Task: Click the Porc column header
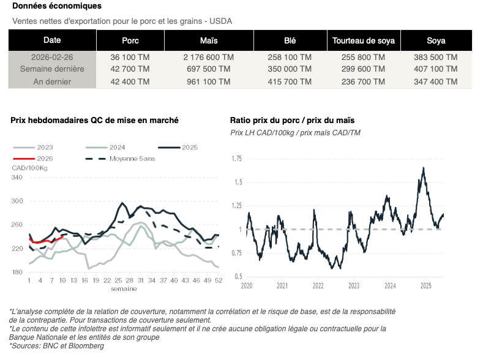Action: [130, 41]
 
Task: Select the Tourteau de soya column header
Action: [363, 41]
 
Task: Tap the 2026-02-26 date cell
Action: [52, 57]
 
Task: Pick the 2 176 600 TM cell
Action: [209, 57]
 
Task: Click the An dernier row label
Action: [52, 81]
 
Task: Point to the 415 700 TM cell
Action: [290, 81]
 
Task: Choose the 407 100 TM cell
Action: [436, 69]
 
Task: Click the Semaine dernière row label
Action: [52, 69]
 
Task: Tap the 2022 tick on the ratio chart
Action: [318, 286]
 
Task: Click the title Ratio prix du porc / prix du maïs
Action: [292, 121]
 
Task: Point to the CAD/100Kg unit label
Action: [30, 168]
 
